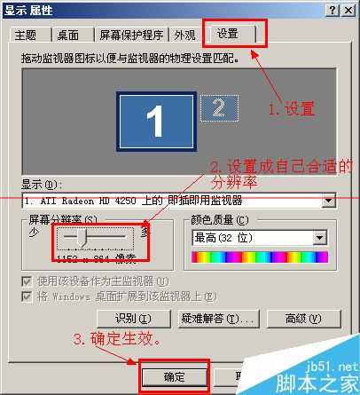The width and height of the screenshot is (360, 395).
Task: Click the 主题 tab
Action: (x=26, y=36)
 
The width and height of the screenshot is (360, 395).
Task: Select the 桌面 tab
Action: (x=69, y=36)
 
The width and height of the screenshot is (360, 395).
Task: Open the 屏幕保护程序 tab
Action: (x=132, y=36)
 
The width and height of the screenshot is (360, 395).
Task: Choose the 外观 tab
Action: (x=184, y=36)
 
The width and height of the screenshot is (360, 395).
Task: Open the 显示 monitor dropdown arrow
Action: (x=329, y=201)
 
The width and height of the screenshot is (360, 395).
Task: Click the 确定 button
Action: (x=174, y=376)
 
